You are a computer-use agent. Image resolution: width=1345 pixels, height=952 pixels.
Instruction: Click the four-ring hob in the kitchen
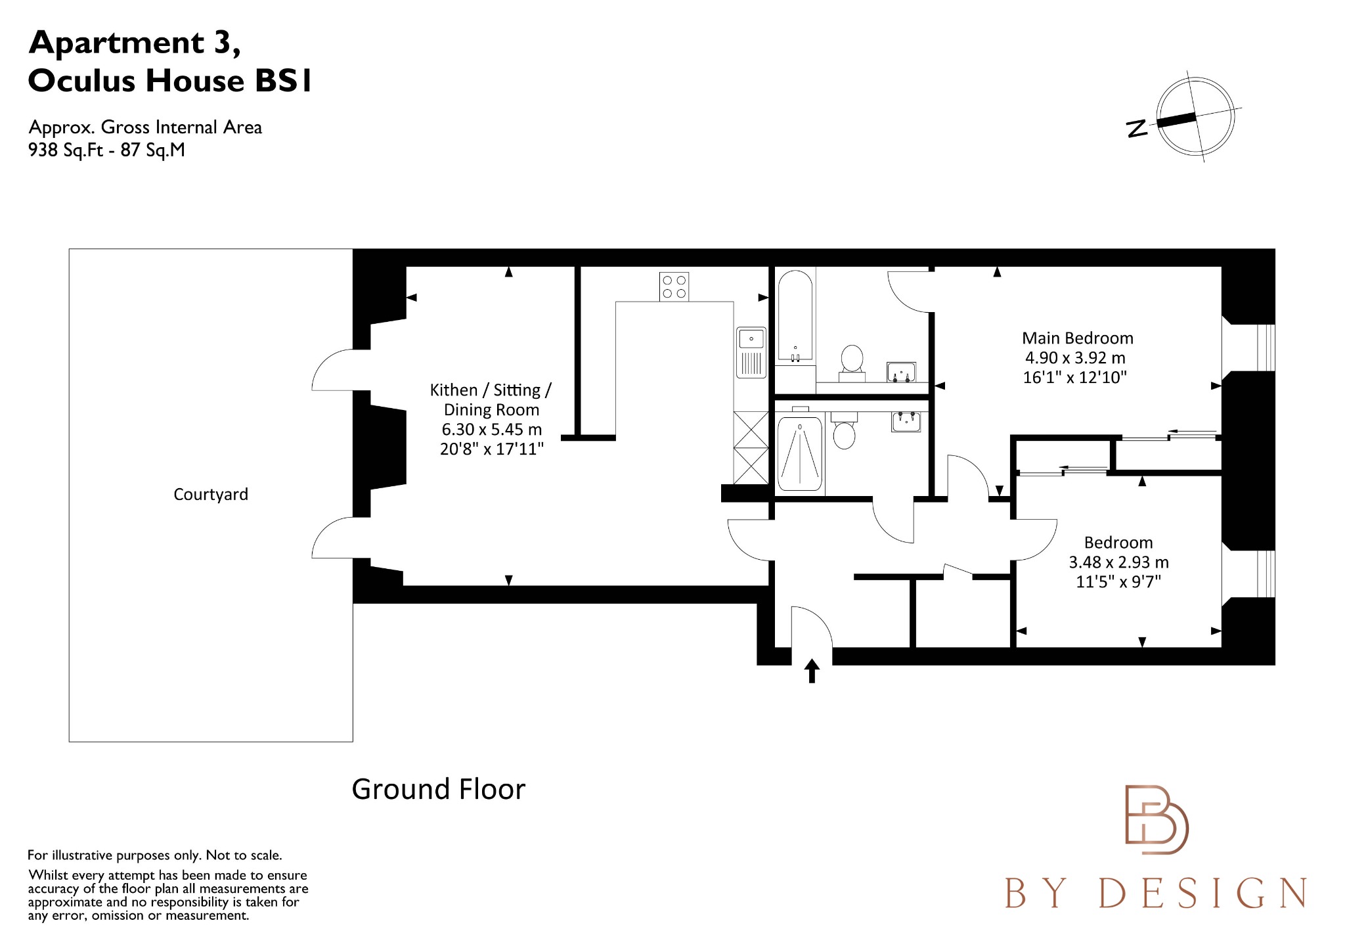tap(674, 287)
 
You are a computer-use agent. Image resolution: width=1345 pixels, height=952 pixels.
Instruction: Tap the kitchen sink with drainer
tap(751, 352)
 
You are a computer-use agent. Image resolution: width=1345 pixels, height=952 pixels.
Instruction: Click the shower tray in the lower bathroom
tap(799, 454)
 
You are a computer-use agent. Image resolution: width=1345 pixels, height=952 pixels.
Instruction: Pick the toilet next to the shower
tap(844, 432)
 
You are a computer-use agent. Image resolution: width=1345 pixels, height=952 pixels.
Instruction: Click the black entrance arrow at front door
tap(812, 671)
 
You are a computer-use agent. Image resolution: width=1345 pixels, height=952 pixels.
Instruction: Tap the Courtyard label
tap(211, 494)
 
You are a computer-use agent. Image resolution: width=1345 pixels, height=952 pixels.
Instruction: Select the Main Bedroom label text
tap(1077, 338)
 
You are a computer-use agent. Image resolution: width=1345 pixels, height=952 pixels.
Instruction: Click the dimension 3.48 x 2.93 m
tap(1118, 562)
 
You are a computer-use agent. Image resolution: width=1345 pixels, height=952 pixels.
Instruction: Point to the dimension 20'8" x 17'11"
tap(492, 449)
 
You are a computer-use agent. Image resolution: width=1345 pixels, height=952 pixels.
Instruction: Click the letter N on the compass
tap(1137, 129)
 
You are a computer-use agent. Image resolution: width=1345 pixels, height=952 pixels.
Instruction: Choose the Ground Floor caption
tap(438, 789)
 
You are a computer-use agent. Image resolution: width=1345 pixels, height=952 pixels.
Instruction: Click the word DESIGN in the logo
tap(1202, 894)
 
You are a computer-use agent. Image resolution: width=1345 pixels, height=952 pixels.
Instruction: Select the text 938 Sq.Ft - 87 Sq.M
tap(106, 150)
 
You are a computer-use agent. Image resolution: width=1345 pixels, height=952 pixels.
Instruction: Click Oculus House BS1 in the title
tap(170, 81)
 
